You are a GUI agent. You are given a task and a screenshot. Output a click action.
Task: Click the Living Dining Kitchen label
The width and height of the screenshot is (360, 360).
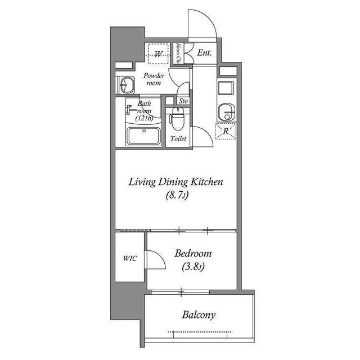tap(176, 182)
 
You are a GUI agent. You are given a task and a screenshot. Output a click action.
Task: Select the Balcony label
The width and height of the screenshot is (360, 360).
tap(198, 315)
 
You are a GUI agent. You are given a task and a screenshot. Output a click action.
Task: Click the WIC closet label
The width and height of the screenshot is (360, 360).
tap(130, 259)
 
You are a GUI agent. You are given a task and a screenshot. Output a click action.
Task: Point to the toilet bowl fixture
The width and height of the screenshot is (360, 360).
tap(177, 120)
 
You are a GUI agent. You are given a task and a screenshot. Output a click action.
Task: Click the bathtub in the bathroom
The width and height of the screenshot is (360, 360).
tap(145, 136)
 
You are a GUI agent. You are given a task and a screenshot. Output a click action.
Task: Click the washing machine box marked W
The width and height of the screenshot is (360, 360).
tap(159, 55)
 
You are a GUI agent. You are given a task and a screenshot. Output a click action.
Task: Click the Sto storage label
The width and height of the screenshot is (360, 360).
tap(183, 101)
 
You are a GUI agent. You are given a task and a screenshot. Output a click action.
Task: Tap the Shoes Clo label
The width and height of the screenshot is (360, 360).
tap(178, 54)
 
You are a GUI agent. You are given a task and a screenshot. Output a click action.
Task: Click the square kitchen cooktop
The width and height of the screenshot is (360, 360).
tap(227, 88)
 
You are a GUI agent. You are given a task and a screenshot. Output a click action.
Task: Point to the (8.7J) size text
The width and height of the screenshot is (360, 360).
tap(177, 196)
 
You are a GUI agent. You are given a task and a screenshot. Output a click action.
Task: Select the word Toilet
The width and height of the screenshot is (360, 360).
tap(178, 138)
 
